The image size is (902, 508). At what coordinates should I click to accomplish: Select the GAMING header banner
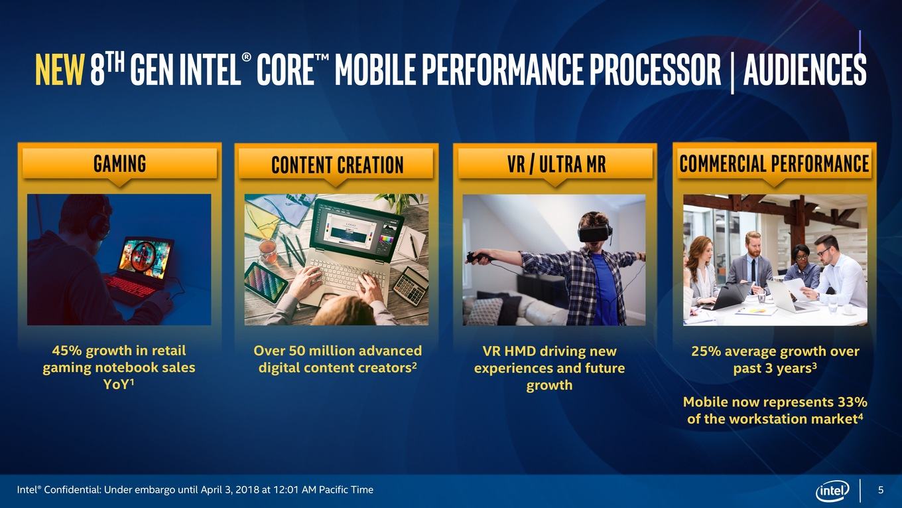coord(119,163)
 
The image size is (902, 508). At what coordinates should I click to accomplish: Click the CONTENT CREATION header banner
coord(337,164)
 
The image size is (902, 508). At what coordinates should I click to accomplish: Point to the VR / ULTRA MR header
coord(556,163)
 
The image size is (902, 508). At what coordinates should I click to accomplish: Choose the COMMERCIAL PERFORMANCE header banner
coord(774,163)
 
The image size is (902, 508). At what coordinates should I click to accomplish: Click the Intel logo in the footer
coord(832,491)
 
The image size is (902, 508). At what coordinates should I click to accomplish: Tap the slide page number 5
coord(881,490)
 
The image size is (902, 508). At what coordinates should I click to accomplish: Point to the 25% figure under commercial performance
coord(706,351)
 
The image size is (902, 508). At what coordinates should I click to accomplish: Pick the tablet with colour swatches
coord(266,282)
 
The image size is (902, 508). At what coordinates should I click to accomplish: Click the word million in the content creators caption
coord(330,351)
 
